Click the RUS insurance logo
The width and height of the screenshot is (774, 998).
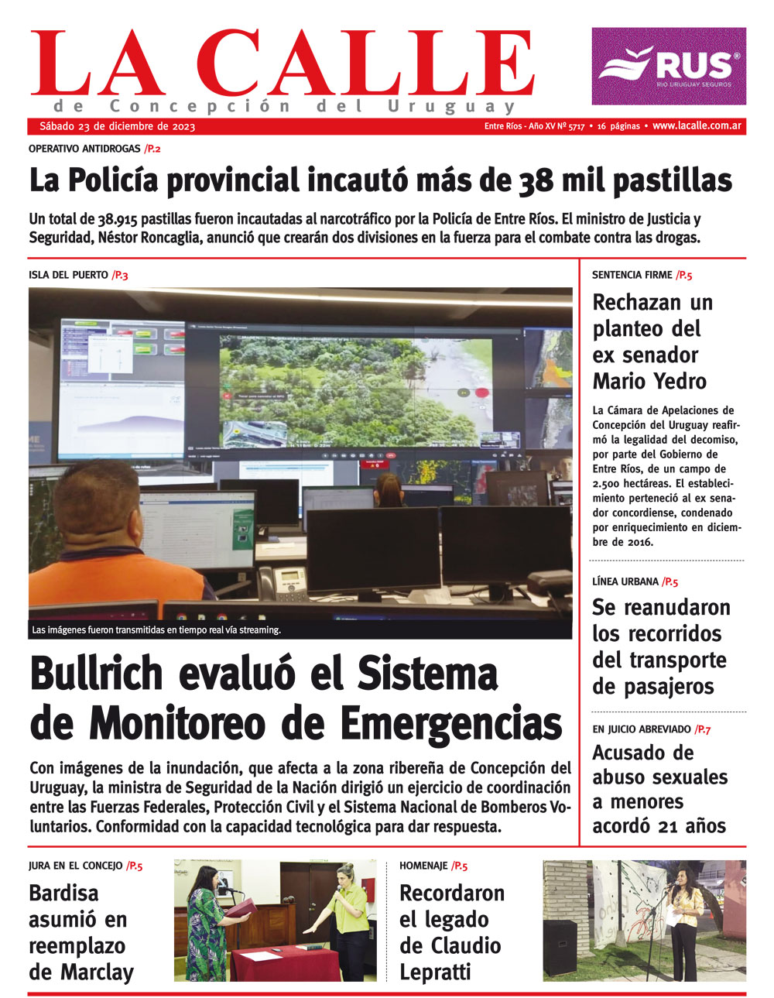(x=669, y=66)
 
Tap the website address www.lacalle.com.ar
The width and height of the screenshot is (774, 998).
(x=697, y=126)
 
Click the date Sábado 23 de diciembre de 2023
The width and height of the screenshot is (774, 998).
(x=118, y=126)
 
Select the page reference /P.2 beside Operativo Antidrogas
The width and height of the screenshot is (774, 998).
(x=152, y=148)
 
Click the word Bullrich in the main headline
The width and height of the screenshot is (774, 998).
(x=97, y=673)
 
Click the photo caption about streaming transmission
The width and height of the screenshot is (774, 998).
(x=156, y=630)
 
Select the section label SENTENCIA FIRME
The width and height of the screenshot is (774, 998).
(x=632, y=275)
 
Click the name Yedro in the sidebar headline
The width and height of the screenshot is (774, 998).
(x=678, y=381)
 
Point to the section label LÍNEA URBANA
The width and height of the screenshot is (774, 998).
(x=625, y=581)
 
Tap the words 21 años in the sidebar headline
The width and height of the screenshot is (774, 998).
(x=688, y=826)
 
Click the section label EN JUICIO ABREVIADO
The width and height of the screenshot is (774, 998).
(x=642, y=729)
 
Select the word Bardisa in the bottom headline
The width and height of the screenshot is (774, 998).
(x=63, y=893)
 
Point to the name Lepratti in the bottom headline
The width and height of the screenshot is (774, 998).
(x=435, y=972)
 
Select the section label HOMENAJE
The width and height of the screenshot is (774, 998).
(x=423, y=866)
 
